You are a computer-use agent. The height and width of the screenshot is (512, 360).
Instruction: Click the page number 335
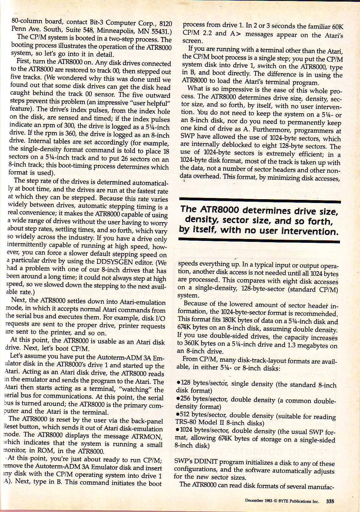330,501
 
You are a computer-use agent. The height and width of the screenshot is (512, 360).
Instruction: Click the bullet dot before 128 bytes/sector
178,383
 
